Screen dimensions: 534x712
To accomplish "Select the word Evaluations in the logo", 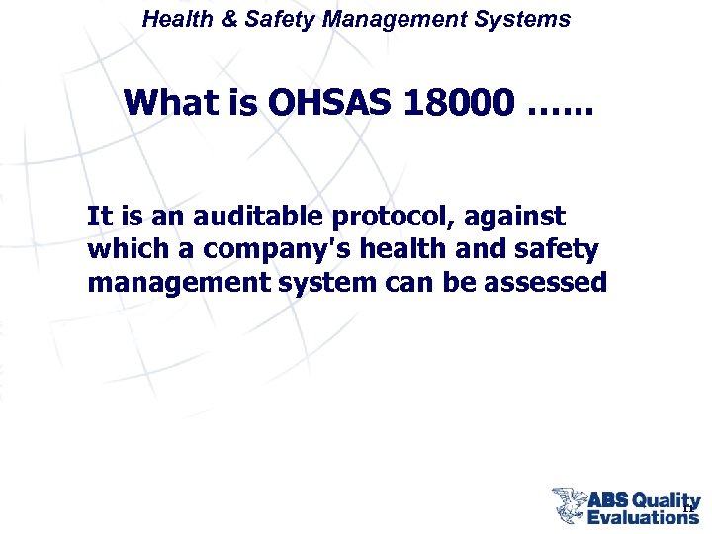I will tap(643, 516).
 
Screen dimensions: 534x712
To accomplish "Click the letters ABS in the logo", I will tap(608, 500).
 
